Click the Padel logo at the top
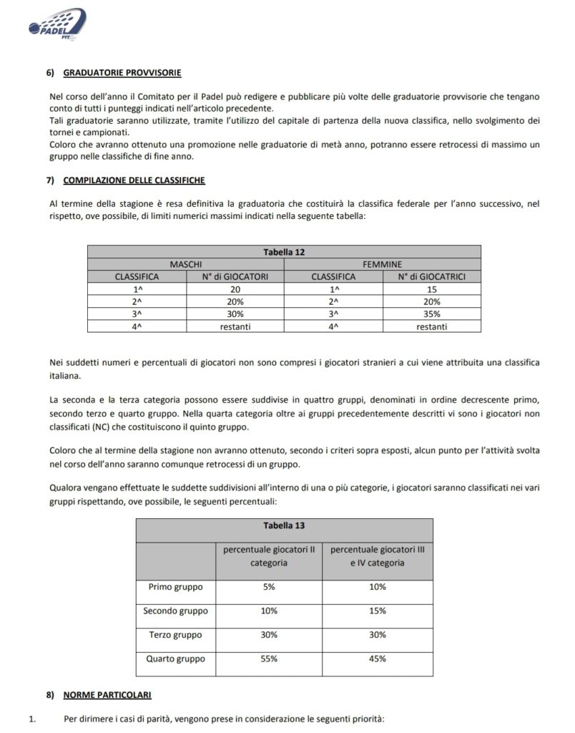click(x=56, y=22)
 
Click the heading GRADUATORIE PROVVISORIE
click(x=122, y=73)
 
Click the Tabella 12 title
click(x=285, y=251)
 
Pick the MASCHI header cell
click(x=185, y=263)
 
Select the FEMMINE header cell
click(x=382, y=263)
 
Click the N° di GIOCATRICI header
click(x=432, y=276)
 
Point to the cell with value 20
click(x=235, y=288)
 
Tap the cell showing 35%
click(x=432, y=314)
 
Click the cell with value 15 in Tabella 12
click(x=432, y=288)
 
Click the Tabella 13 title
click(x=284, y=525)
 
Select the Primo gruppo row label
click(x=176, y=587)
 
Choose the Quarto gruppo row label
click(x=176, y=659)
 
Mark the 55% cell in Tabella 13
click(x=268, y=659)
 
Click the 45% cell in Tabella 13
click(x=377, y=659)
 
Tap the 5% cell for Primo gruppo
click(x=268, y=587)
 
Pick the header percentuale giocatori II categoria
click(x=268, y=556)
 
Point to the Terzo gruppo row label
click(x=176, y=635)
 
